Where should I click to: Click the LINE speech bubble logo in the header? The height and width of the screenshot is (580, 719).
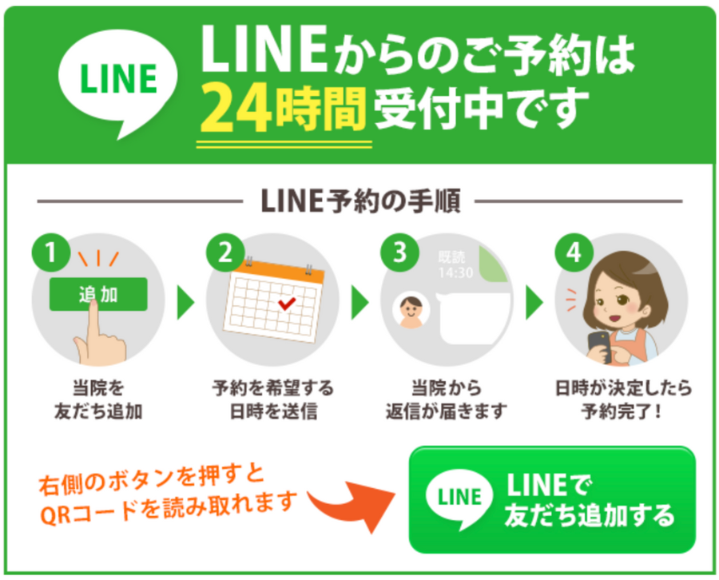point(119,80)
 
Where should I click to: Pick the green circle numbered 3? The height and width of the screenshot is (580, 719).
point(399,252)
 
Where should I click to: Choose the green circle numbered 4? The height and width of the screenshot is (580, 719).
point(573,252)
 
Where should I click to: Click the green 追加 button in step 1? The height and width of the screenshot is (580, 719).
point(98,294)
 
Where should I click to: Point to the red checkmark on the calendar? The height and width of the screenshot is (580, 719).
point(285,304)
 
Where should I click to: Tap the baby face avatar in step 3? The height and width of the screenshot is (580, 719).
point(410,310)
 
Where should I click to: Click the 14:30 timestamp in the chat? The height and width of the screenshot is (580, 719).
point(456,272)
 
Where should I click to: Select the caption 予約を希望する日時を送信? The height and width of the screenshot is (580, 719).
point(272,399)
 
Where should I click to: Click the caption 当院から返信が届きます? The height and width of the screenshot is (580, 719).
point(447,399)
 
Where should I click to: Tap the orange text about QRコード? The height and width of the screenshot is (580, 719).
point(168,492)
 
